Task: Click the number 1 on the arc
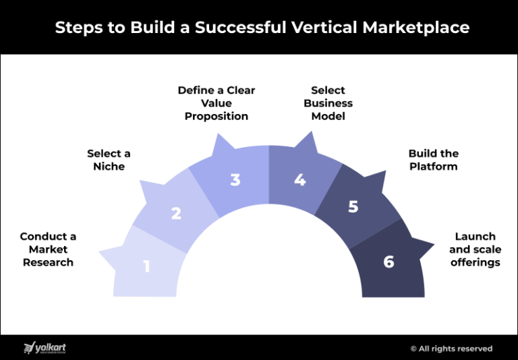point(146,266)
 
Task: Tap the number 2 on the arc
point(176,214)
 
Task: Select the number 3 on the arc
point(235,180)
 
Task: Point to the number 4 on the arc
point(300,180)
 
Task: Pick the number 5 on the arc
point(353,207)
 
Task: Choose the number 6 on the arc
point(388,262)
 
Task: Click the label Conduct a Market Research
point(48,249)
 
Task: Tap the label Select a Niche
point(109,160)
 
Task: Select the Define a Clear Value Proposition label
point(217,103)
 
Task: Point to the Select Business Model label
point(328,103)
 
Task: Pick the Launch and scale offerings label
point(476,249)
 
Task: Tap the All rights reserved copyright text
point(451,349)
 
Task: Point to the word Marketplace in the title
point(416,28)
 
